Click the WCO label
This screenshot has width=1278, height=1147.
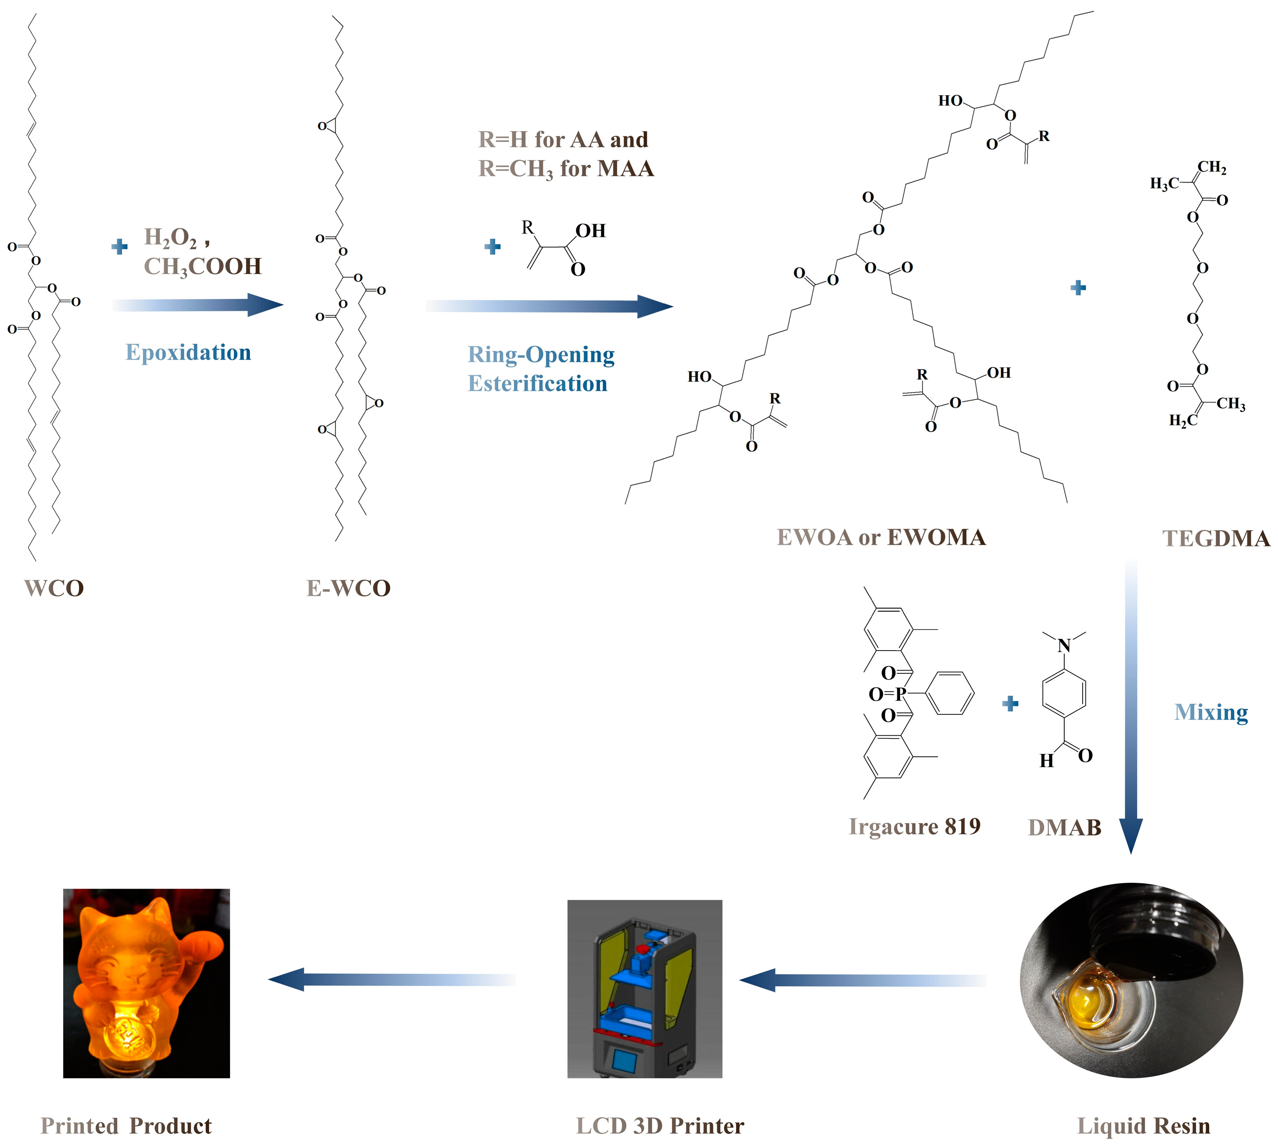click(x=54, y=588)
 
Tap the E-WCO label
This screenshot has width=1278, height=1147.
click(x=348, y=588)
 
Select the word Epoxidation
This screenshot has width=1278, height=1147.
click(x=188, y=352)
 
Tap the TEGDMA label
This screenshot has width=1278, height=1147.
click(x=1216, y=538)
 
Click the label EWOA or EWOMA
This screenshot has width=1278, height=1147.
click(x=881, y=537)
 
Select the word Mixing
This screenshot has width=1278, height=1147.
click(x=1210, y=712)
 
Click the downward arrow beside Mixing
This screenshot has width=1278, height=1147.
click(x=1131, y=706)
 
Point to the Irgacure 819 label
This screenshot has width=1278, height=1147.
click(x=914, y=826)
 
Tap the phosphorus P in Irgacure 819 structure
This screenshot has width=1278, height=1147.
click(x=901, y=694)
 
